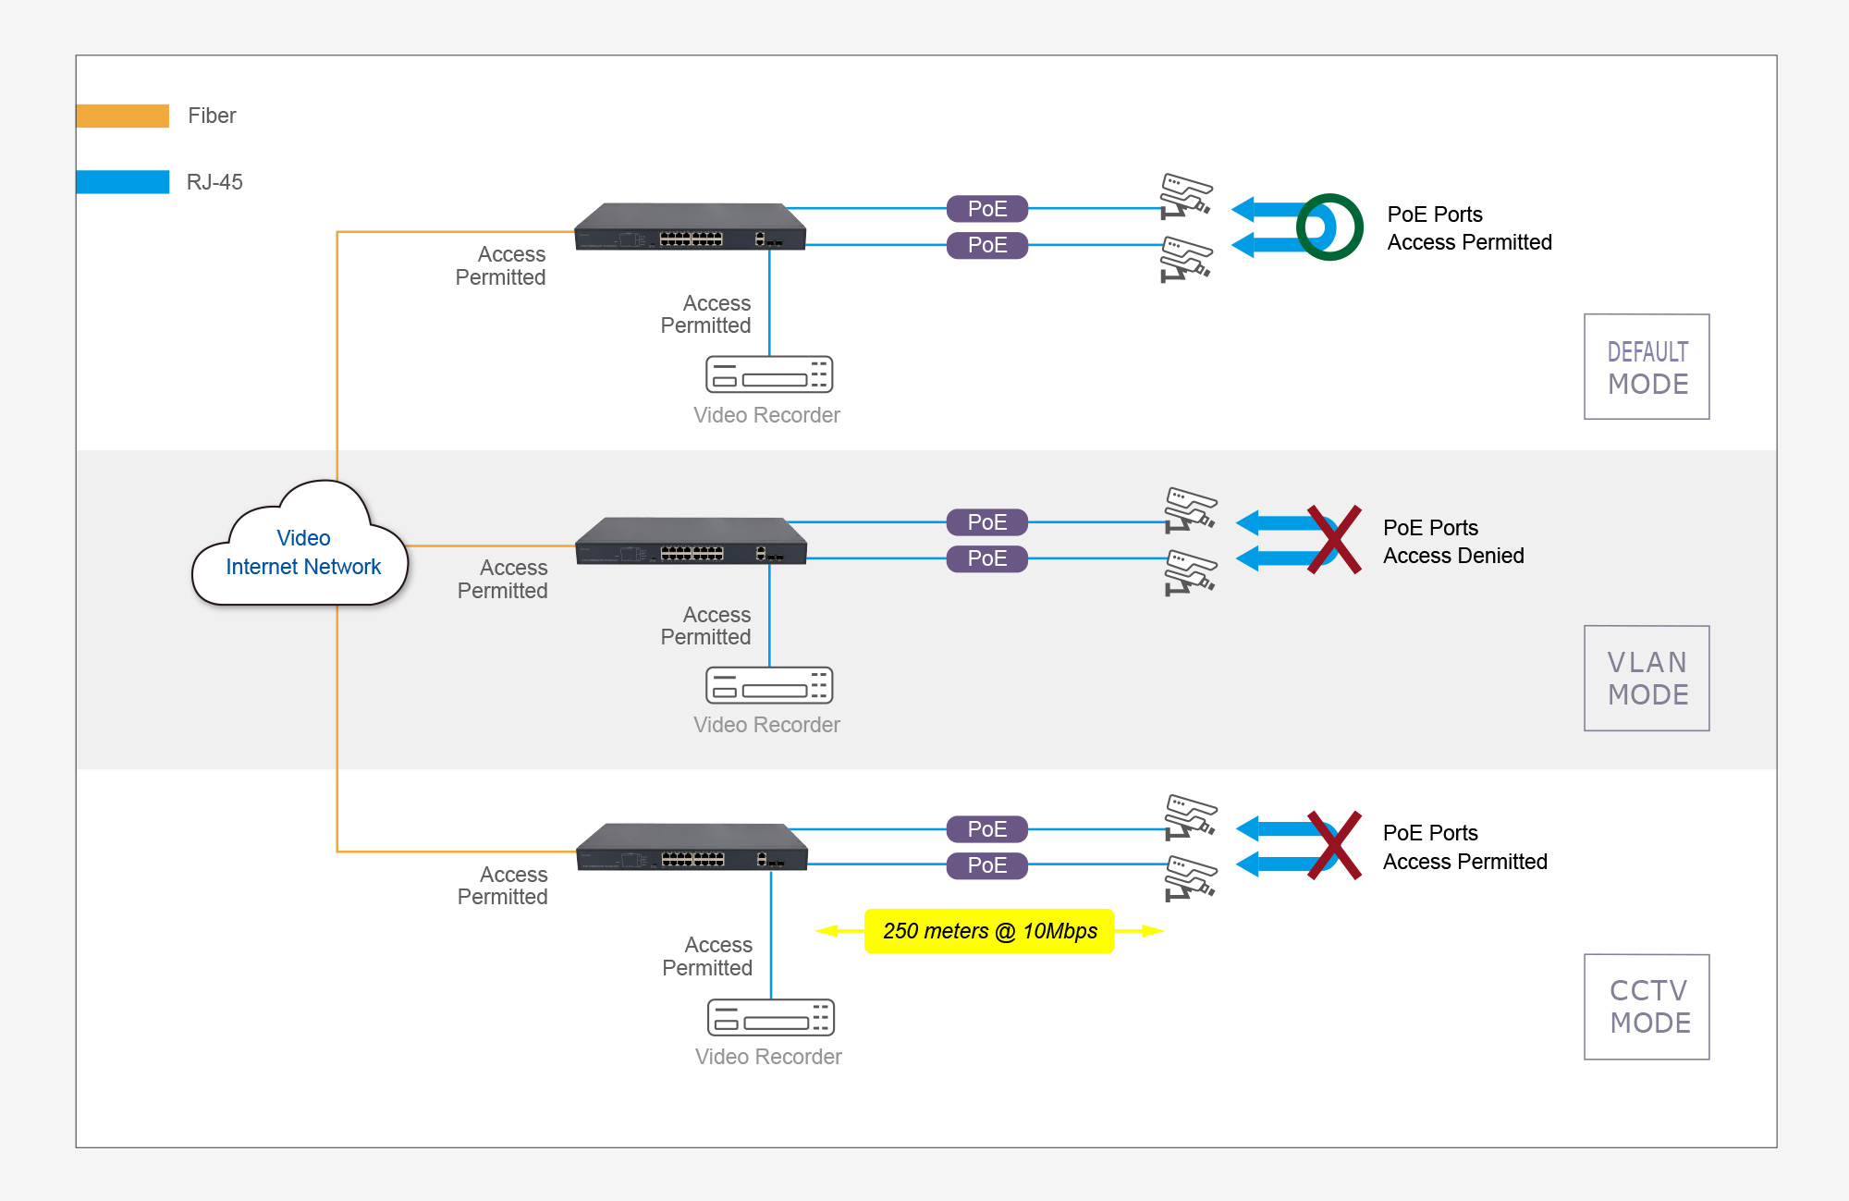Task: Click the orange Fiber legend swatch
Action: click(x=122, y=116)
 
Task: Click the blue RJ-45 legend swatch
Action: click(x=122, y=182)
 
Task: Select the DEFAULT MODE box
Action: click(x=1647, y=367)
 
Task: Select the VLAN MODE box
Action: click(x=1647, y=679)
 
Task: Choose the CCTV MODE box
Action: click(x=1647, y=1007)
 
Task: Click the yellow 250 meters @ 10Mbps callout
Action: click(x=989, y=931)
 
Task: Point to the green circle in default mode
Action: click(x=1329, y=227)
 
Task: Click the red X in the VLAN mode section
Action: click(x=1334, y=540)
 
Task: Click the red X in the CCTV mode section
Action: click(x=1334, y=846)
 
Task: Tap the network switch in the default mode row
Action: click(x=690, y=227)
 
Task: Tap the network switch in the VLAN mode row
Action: click(x=691, y=542)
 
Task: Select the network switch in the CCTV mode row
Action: click(x=692, y=848)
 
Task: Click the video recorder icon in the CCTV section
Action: click(x=770, y=1018)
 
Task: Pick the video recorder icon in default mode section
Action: click(x=769, y=374)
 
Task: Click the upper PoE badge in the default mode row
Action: click(x=987, y=209)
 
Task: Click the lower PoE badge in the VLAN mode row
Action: click(x=987, y=558)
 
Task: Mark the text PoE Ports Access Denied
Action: click(x=1452, y=542)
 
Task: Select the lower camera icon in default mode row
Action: click(x=1186, y=259)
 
